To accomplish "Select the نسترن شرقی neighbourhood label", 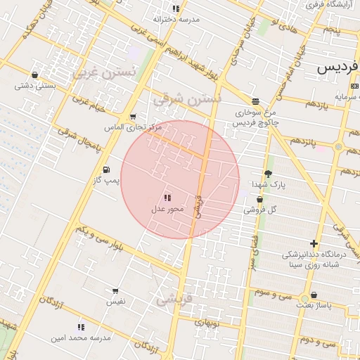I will pyautogui.click(x=188, y=98).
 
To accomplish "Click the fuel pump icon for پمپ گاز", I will pyautogui.click(x=106, y=169).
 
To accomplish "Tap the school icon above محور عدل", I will pyautogui.click(x=167, y=198).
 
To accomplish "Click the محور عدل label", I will pyautogui.click(x=167, y=209).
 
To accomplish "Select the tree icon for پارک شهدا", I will pyautogui.click(x=268, y=173).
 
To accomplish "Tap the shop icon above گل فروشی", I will pyautogui.click(x=260, y=200).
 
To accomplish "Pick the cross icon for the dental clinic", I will pyautogui.click(x=314, y=243).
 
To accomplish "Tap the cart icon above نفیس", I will pyautogui.click(x=115, y=290).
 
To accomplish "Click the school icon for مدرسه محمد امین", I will pyautogui.click(x=82, y=327).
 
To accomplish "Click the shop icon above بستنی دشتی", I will pyautogui.click(x=35, y=75).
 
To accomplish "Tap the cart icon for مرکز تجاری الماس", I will pyautogui.click(x=133, y=117).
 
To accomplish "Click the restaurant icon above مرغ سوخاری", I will pyautogui.click(x=255, y=101).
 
